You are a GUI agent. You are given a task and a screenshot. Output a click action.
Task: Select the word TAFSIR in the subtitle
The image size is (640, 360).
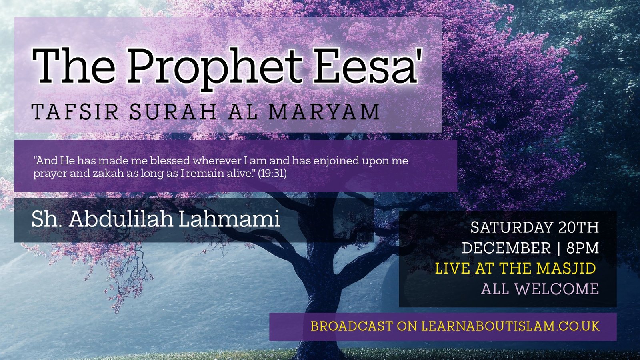75,112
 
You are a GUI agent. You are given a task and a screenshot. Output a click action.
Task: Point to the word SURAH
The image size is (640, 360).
173,112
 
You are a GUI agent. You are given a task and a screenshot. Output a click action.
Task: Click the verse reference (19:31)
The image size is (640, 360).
272,174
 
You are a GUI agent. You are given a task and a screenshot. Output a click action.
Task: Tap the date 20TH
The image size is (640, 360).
578,228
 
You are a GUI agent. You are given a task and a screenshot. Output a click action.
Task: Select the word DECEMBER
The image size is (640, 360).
506,248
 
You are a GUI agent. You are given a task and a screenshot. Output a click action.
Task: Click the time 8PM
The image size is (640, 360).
582,248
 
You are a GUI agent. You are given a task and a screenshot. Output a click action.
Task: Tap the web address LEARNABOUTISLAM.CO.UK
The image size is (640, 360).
510,326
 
